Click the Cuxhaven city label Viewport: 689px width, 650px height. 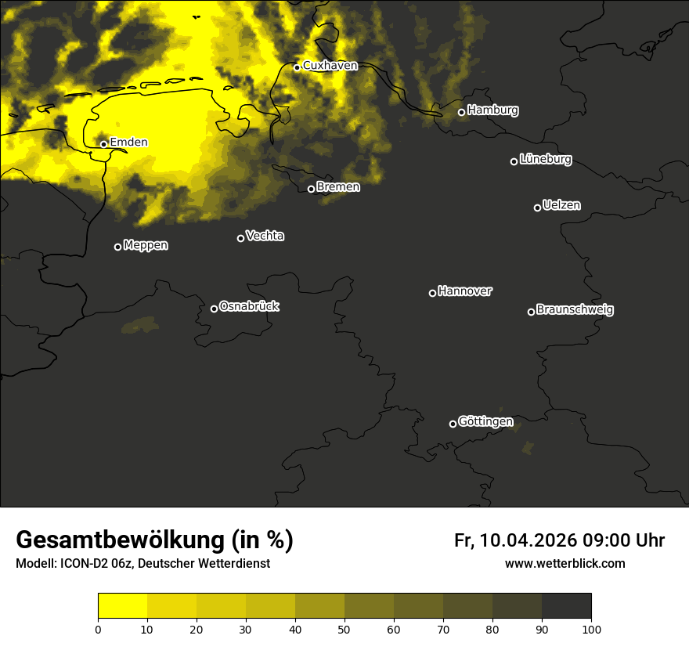click(x=330, y=66)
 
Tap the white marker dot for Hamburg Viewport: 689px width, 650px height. click(x=461, y=112)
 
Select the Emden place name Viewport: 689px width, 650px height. click(x=128, y=143)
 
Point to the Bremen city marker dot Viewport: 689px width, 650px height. click(x=311, y=189)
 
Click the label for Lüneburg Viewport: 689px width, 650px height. click(x=545, y=160)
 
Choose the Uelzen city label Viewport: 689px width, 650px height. click(x=561, y=205)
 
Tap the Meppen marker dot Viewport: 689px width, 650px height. click(x=117, y=247)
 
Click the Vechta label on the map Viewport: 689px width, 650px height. click(x=265, y=236)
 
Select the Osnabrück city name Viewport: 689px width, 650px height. click(x=249, y=306)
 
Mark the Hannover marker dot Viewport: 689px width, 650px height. click(x=432, y=293)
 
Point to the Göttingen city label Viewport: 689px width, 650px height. click(x=485, y=422)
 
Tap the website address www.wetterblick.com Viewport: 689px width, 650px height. click(x=565, y=564)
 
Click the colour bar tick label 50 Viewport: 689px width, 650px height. click(x=344, y=629)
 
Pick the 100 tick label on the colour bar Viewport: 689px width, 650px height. click(x=591, y=629)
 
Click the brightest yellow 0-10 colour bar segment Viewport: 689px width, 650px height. click(x=122, y=605)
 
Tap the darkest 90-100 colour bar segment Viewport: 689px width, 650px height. click(x=566, y=605)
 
